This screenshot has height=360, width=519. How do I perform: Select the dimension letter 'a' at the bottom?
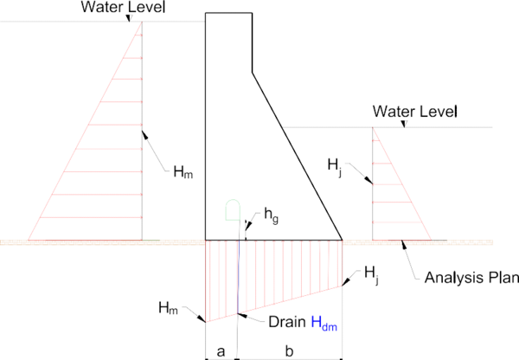pos(221,350)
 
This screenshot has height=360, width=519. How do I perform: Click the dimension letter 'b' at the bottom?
pos(290,350)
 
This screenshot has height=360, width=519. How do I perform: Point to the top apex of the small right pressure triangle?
pos(374,127)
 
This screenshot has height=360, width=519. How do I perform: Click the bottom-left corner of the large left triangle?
pos(29,239)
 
